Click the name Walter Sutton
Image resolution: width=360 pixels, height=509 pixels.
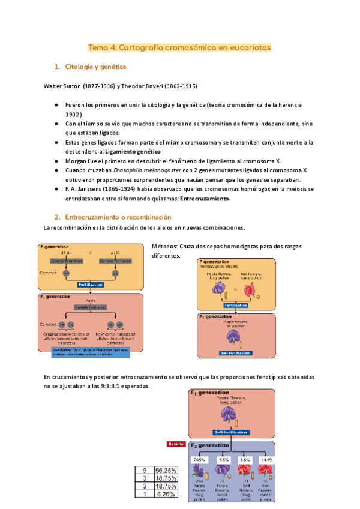pos(62,86)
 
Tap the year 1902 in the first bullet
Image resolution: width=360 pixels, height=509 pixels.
pos(74,114)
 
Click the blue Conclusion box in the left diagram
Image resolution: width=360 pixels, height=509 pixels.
pos(90,352)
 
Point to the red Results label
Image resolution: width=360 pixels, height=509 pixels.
pos(176,445)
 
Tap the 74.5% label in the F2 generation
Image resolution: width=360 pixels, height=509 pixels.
pos(199,460)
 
